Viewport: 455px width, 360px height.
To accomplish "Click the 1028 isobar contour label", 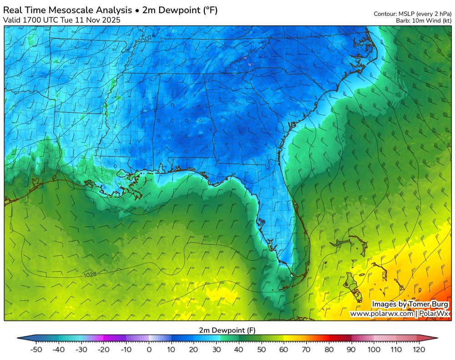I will coord(90,275).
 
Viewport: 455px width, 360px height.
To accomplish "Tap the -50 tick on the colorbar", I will coord(36,350).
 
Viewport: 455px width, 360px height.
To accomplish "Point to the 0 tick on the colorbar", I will coord(149,350).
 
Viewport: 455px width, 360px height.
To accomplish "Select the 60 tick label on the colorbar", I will coord(284,350).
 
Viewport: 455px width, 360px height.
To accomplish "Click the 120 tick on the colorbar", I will coord(419,350).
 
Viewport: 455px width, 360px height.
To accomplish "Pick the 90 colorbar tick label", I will coord(351,350).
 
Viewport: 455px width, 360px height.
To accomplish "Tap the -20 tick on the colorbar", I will coord(104,350).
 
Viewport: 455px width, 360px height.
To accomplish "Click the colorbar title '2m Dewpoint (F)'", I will coord(227,330).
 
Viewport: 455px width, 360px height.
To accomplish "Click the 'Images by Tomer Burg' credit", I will coord(409,304).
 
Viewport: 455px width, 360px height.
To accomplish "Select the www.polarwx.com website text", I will coord(381,314).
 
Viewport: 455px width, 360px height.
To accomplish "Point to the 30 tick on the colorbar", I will coord(217,350).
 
